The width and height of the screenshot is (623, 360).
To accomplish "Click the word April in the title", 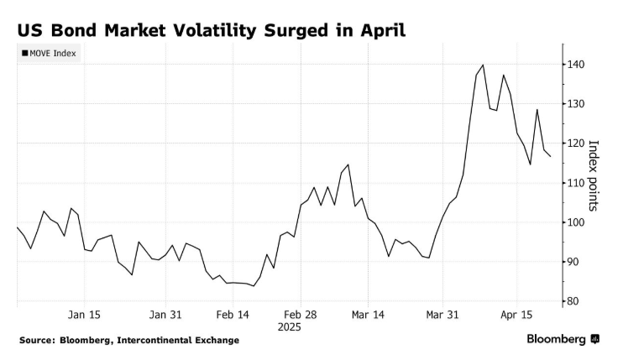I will pyautogui.click(x=382, y=30).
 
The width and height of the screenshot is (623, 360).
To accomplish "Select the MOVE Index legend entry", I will pyautogui.click(x=49, y=55).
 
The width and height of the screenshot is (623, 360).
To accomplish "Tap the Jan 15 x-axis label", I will pyautogui.click(x=84, y=315).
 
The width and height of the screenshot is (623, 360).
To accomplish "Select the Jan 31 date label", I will pyautogui.click(x=165, y=315).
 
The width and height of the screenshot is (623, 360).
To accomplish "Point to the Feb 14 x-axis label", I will pyautogui.click(x=233, y=315).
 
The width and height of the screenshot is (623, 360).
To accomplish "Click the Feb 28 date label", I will pyautogui.click(x=300, y=315).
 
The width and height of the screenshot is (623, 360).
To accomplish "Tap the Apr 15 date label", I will pyautogui.click(x=518, y=315).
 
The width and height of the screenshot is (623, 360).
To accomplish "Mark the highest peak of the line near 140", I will pyautogui.click(x=483, y=65).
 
